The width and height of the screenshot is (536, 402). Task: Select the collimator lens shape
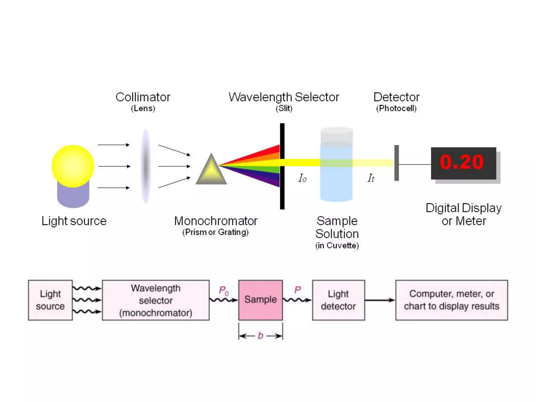[146, 166]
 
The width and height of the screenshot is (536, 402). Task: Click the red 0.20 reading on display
[462, 162]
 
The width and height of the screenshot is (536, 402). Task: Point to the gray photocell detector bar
[397, 163]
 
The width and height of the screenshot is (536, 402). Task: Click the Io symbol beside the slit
[302, 178]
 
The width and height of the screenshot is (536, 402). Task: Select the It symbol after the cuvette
[371, 178]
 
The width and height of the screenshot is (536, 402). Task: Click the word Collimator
[143, 97]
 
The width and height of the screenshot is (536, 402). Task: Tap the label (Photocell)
[396, 108]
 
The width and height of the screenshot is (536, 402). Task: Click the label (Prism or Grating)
[215, 232]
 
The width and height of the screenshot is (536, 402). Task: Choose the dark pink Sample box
[260, 300]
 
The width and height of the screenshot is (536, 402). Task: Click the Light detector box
[338, 300]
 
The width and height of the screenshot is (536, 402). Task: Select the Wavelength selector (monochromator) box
[156, 300]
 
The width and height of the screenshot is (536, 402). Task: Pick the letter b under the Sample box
[260, 336]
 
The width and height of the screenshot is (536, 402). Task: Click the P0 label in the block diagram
[224, 291]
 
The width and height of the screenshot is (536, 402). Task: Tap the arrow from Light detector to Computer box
[380, 300]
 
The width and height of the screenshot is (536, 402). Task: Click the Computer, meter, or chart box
[451, 300]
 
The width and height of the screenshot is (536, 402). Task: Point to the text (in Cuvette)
[337, 245]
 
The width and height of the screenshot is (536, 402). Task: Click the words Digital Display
[464, 208]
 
